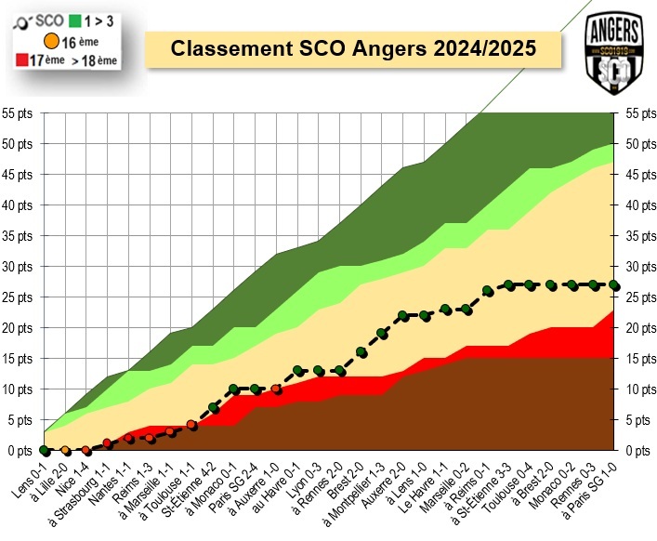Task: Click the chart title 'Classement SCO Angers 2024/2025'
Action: (355, 48)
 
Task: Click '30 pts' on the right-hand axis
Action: (639, 267)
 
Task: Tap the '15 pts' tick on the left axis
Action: (19, 359)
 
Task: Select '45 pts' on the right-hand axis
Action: (639, 175)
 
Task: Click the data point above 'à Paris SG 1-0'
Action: (613, 285)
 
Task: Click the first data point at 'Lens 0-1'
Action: (44, 450)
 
